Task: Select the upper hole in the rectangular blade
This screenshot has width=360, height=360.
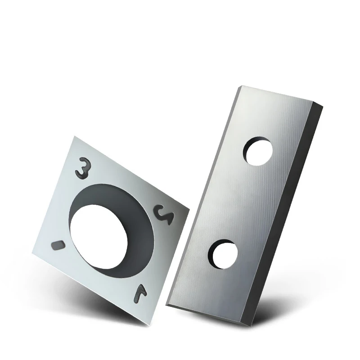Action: [x=257, y=151]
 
